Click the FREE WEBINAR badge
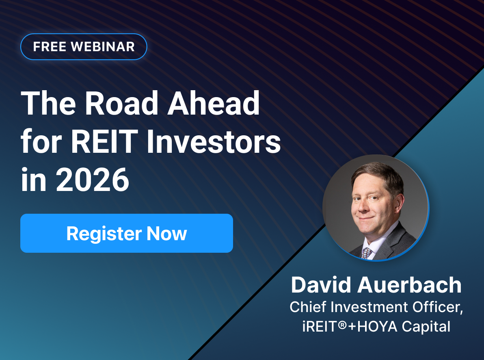point(84,47)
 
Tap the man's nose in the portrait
point(367,203)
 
